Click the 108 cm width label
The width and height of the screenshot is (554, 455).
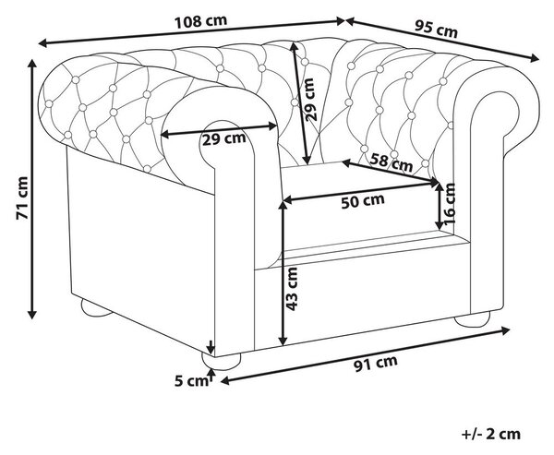pos(200,21)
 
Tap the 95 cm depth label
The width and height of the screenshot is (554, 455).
pos(436,30)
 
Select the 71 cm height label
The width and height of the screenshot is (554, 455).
pos(22,198)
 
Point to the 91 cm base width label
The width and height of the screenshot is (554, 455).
pos(376,364)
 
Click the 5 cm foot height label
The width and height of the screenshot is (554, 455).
pos(191,381)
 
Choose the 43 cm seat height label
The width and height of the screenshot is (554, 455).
pos(292,289)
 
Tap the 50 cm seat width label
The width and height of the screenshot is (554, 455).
pos(363,201)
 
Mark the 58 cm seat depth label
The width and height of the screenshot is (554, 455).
pos(391,162)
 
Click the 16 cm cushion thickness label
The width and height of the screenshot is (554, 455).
pos(449,204)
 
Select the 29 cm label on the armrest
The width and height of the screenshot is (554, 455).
pos(224,139)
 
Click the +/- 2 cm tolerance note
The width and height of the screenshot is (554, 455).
pos(491,434)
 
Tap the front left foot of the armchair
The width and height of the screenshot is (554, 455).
pos(222,361)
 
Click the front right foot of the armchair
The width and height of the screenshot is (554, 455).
pos(473,319)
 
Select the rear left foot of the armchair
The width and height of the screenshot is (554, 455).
pos(95,307)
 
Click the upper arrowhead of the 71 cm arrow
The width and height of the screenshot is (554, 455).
pos(32,64)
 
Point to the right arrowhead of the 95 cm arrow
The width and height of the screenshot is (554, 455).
pos(534,59)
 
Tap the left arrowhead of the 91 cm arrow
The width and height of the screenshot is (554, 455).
pos(225,381)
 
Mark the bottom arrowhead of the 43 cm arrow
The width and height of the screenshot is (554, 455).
pos(283,341)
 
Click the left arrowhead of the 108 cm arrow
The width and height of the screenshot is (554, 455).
pos(42,43)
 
